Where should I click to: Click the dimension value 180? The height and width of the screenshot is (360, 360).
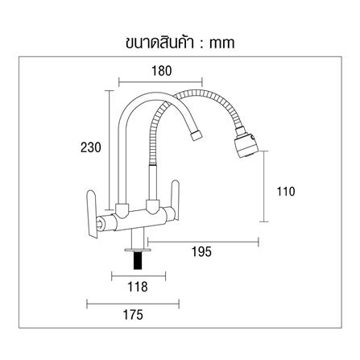point(162,71)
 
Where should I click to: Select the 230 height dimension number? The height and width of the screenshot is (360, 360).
point(91,147)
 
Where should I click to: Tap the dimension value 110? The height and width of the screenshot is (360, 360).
point(286,192)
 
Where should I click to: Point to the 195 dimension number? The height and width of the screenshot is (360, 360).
point(201,251)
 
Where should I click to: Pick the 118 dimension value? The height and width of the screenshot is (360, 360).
point(138,287)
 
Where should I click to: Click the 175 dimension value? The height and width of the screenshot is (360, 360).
point(133,315)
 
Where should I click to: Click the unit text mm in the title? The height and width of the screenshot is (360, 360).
point(221,43)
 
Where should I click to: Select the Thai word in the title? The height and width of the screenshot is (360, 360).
point(159,42)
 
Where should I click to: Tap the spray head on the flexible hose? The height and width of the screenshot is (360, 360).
point(246,143)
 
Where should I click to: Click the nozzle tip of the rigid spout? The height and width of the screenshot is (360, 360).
point(196,135)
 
